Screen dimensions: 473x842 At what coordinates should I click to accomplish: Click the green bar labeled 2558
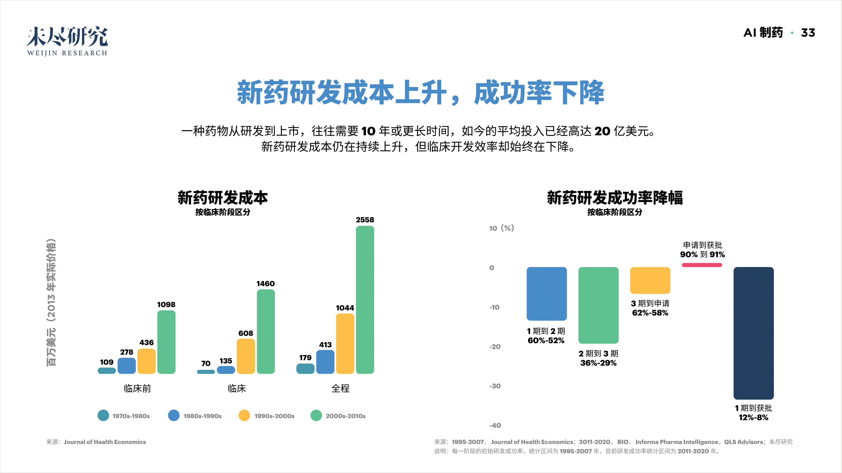(x=365, y=300)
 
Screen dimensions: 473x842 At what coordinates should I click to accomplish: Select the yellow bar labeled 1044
(x=345, y=343)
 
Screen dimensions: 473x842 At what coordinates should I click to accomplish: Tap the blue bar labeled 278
(x=126, y=366)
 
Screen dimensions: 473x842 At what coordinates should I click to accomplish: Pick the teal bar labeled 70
(x=206, y=372)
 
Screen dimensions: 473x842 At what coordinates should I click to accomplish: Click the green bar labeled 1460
(x=265, y=331)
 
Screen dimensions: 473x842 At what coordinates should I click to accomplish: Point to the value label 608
(x=246, y=333)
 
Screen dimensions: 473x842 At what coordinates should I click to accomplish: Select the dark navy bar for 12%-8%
(x=753, y=333)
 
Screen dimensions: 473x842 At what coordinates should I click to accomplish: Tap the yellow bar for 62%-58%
(x=650, y=280)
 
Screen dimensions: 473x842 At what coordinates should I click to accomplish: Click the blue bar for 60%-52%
(x=546, y=293)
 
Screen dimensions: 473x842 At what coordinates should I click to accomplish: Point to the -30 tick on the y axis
(x=495, y=386)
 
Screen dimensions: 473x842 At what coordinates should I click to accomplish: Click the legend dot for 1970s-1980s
(x=103, y=416)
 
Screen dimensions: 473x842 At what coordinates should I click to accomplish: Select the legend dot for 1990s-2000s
(x=244, y=416)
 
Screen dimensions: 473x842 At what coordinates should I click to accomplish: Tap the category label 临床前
(x=137, y=389)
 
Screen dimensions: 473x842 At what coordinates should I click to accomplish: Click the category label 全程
(x=340, y=389)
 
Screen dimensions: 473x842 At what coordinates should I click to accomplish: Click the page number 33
(x=808, y=33)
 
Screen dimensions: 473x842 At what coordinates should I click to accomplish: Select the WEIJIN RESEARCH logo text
(x=67, y=53)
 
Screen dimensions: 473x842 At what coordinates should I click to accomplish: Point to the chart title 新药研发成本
(x=223, y=198)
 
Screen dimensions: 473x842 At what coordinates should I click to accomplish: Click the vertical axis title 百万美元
(x=51, y=347)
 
